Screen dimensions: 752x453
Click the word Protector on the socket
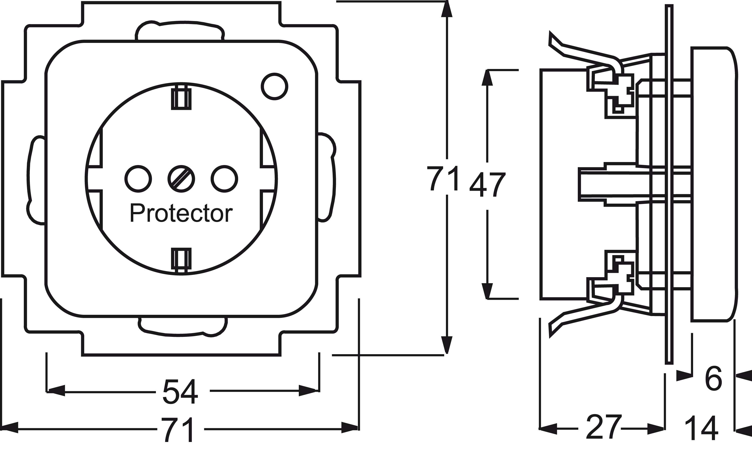(181, 213)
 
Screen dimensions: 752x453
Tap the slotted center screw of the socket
(181, 179)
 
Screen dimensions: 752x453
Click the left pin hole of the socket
(138, 179)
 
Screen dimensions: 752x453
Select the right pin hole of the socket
(225, 179)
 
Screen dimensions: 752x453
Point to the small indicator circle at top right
(274, 86)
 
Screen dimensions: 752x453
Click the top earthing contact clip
(181, 98)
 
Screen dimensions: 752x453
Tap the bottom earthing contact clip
(181, 259)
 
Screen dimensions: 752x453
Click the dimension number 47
(488, 185)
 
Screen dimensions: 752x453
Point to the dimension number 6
(713, 379)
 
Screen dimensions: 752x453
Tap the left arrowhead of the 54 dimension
(56, 391)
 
